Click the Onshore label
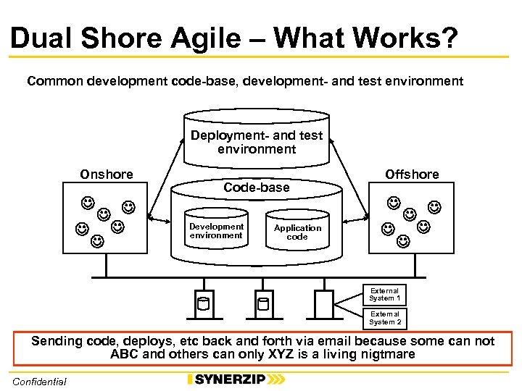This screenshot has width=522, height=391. [x=107, y=175]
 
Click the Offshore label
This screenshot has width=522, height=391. [x=412, y=175]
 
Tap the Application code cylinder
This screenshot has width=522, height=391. [x=297, y=232]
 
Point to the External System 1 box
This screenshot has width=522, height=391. [x=384, y=295]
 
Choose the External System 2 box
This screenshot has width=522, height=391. [x=384, y=318]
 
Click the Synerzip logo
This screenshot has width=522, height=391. [x=236, y=379]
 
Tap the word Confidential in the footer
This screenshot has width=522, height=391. [x=39, y=382]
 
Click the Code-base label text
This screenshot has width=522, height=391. [x=256, y=188]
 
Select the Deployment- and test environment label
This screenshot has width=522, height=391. [x=257, y=143]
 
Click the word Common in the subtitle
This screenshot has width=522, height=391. [x=55, y=81]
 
